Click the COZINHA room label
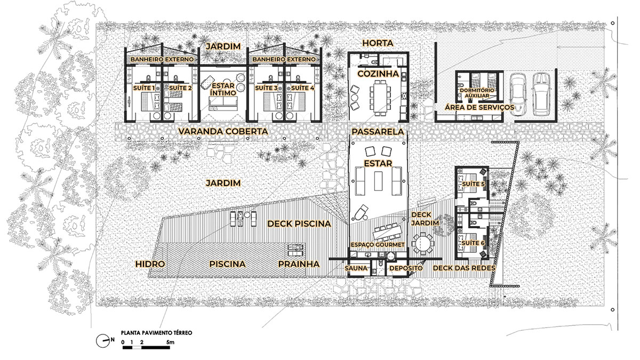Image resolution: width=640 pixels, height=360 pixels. coord(378,74)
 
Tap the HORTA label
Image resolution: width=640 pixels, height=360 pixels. coord(378,43)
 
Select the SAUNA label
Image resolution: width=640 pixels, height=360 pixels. coord(356,268)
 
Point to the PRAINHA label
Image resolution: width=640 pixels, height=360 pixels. coord(299,264)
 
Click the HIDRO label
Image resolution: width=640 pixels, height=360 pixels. coord(150,264)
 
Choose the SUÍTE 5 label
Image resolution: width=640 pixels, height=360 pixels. coord(474,184)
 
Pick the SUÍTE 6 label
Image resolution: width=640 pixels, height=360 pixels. coord(474,243)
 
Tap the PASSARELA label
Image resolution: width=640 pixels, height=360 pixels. coord(378,132)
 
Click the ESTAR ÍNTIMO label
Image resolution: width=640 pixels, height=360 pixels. coord(223,89)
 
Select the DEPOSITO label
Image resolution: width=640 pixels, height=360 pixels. coord(406,268)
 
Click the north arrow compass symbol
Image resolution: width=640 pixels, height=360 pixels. coord(103,341)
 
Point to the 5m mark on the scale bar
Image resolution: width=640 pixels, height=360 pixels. coord(170,342)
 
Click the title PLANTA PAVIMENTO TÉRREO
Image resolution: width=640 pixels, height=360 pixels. coord(157,333)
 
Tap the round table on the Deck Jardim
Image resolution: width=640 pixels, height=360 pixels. coord(422,243)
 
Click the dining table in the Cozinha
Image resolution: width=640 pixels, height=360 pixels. coord(380,97)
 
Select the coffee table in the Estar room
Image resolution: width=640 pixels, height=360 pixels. coord(379,181)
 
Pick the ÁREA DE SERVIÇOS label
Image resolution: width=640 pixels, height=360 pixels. coord(479,107)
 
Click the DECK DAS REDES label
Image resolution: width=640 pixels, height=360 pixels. coord(464,268)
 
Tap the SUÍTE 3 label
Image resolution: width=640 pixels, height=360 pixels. coord(266,88)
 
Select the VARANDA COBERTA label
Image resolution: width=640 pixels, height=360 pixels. coord(223,131)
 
